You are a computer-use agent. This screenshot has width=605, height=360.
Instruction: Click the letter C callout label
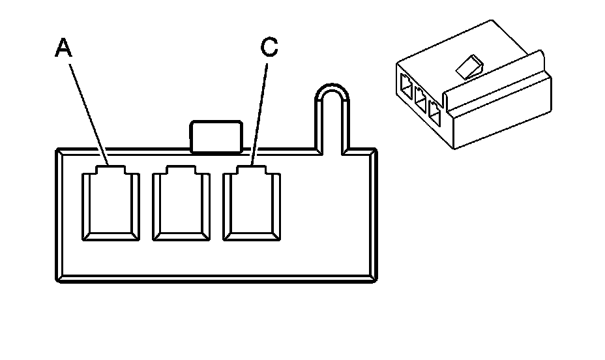(x=269, y=46)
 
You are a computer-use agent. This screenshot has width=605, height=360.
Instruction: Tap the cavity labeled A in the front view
(x=110, y=204)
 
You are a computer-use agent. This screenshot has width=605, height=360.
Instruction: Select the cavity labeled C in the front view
(x=252, y=204)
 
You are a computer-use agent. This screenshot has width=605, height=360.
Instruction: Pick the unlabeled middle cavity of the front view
(x=181, y=204)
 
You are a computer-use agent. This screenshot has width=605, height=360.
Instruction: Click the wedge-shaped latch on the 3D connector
(x=469, y=66)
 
